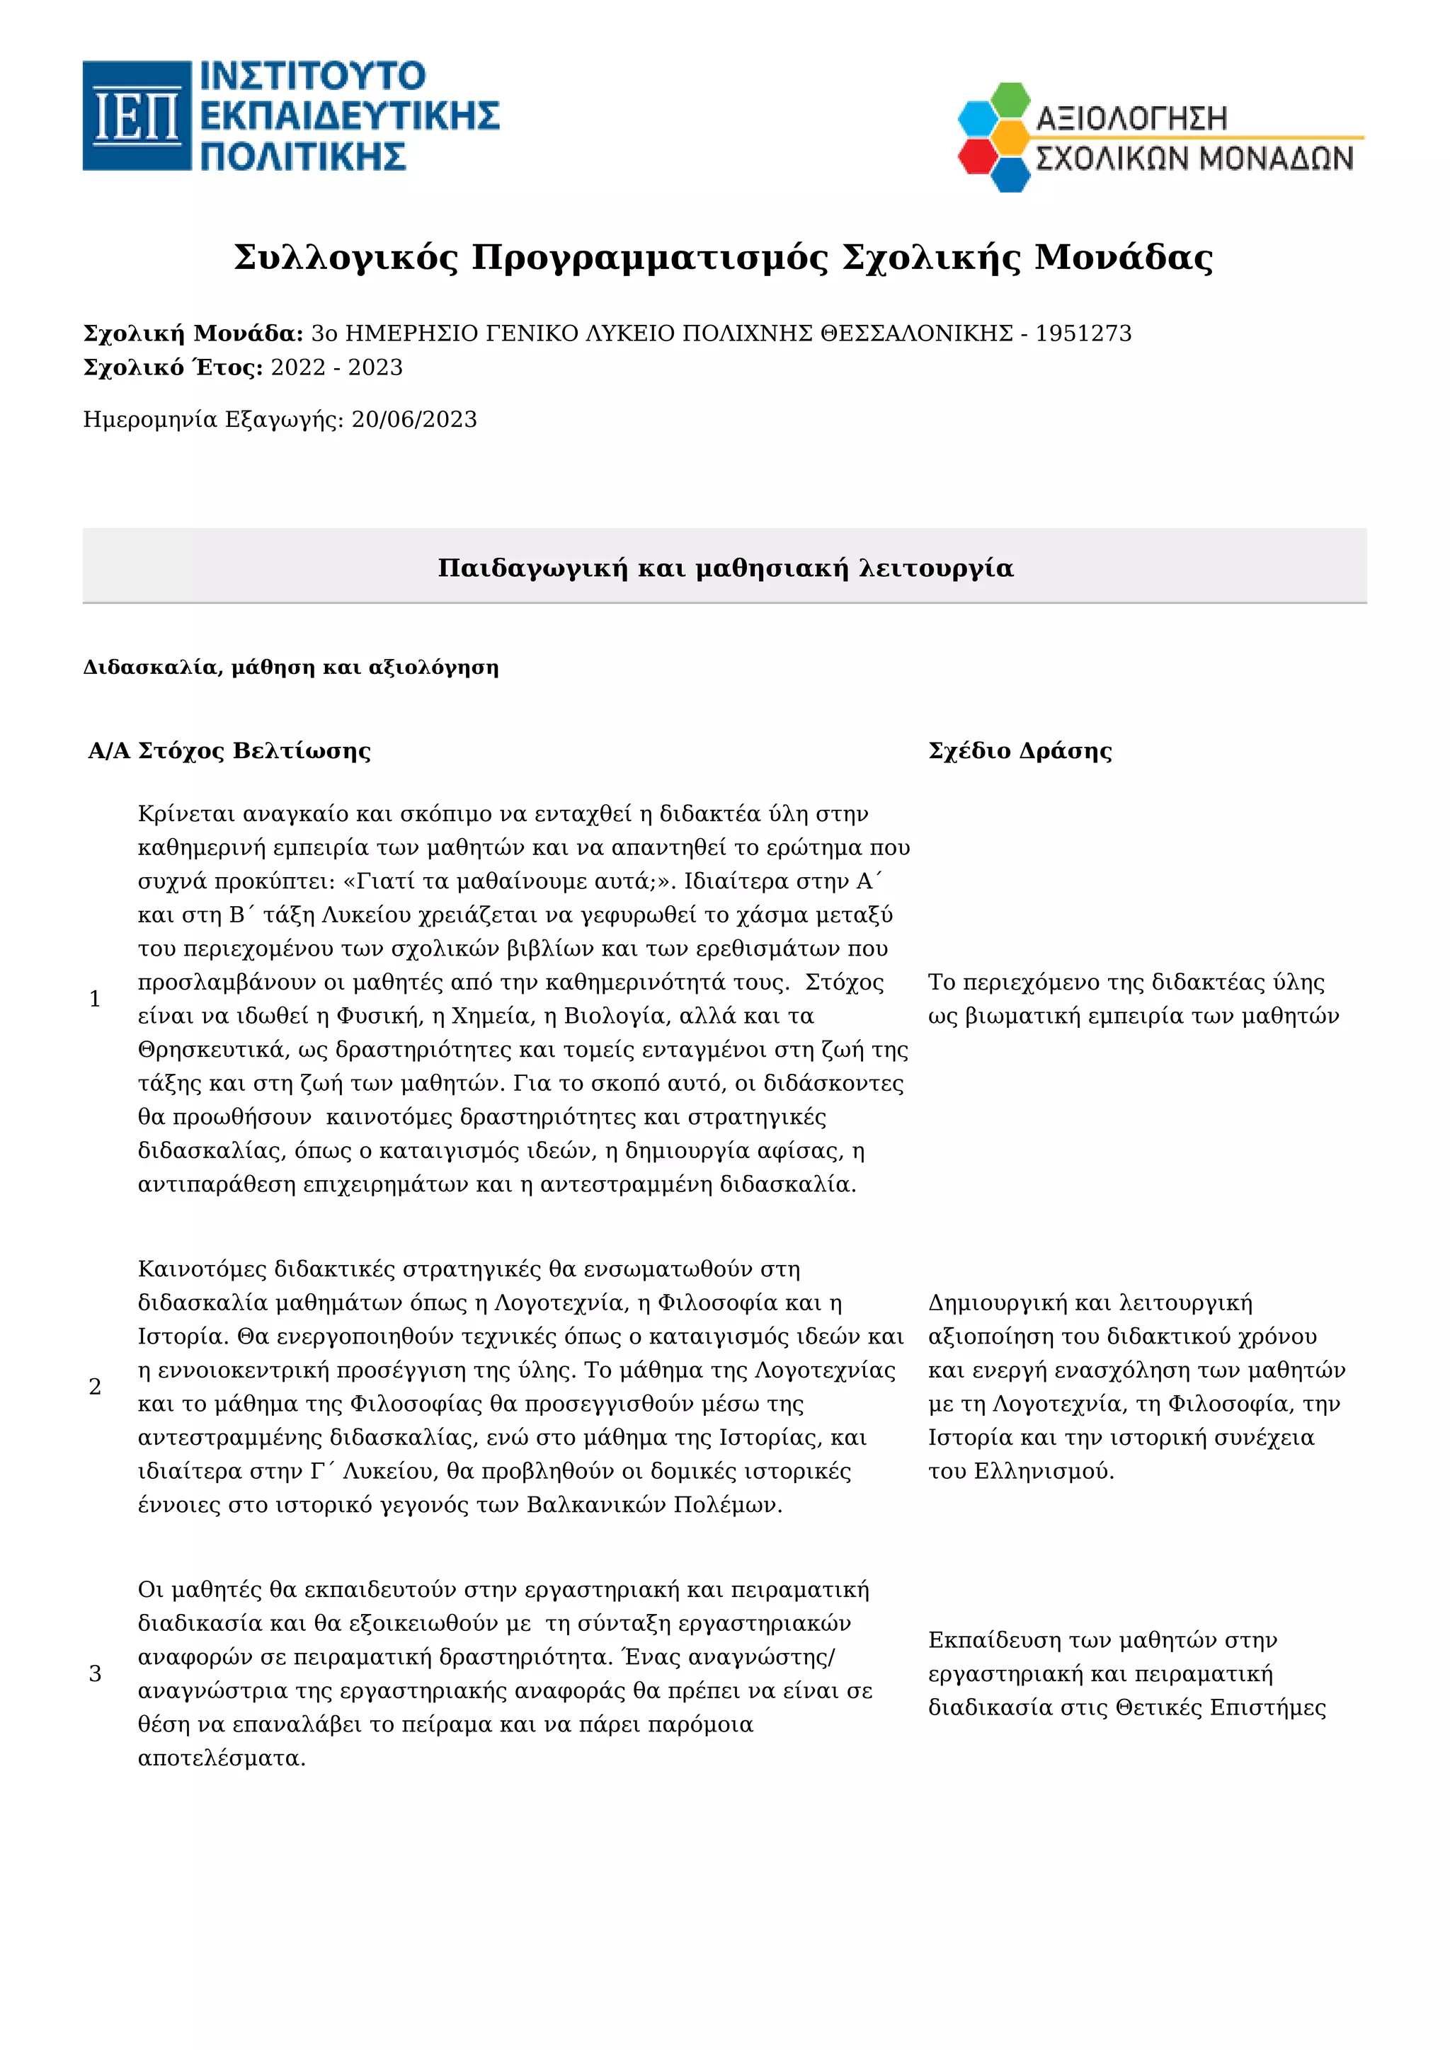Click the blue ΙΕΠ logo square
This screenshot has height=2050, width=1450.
click(137, 115)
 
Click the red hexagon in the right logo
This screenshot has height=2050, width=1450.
click(978, 156)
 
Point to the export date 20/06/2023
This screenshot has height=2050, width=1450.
click(413, 420)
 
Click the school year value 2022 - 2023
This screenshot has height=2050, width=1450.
click(336, 368)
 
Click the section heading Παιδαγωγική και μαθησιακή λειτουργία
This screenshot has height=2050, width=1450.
click(725, 568)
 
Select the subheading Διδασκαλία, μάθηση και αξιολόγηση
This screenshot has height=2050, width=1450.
click(290, 668)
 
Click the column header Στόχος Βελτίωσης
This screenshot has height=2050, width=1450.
click(253, 751)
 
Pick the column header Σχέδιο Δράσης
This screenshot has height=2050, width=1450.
click(1020, 751)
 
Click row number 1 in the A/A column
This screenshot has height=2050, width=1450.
click(96, 999)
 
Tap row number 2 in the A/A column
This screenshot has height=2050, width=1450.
click(96, 1387)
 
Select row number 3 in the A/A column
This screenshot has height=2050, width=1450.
click(96, 1674)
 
